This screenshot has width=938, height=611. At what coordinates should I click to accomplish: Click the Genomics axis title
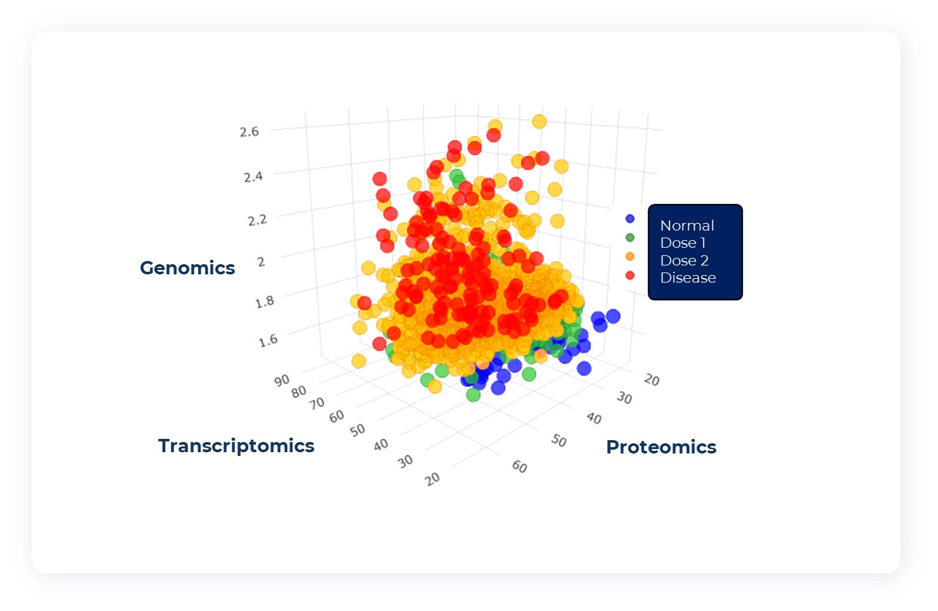(187, 268)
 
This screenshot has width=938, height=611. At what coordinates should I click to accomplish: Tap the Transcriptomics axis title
(236, 446)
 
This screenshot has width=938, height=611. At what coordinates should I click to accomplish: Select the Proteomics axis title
(661, 447)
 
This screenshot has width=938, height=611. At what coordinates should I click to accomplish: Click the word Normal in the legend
(687, 225)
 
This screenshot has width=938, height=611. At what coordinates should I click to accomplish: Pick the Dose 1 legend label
(683, 243)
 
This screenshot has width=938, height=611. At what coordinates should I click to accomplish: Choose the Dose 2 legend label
(684, 260)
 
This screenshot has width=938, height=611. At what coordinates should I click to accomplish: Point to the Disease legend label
(688, 278)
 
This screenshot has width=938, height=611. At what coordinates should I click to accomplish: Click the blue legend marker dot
(630, 218)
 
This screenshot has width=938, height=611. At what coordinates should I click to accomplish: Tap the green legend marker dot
(630, 238)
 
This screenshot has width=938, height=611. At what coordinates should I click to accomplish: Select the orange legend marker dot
(630, 257)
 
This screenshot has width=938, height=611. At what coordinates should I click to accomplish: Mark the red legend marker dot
(630, 275)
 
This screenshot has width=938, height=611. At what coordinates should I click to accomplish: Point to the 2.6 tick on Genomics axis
(249, 131)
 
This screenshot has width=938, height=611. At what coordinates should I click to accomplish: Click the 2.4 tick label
(253, 176)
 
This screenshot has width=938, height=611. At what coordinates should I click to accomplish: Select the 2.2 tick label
(257, 220)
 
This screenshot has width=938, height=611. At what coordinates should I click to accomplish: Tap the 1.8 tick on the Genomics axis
(265, 302)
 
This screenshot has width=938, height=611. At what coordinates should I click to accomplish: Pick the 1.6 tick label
(268, 340)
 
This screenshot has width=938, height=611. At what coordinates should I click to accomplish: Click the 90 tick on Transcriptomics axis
(282, 380)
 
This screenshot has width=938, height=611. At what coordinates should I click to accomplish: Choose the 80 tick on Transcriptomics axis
(299, 391)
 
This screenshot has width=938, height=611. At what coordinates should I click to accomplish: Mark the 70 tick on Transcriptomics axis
(317, 403)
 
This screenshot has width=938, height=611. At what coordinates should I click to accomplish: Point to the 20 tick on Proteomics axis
(652, 380)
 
